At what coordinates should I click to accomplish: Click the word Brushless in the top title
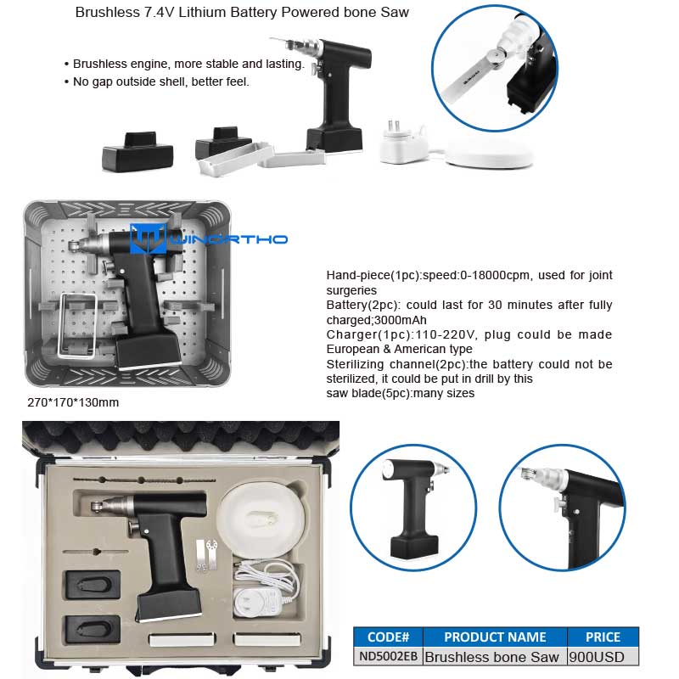pyautogui.click(x=107, y=12)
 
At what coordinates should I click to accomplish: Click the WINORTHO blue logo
pyautogui.click(x=208, y=238)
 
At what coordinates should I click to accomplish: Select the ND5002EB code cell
pyautogui.click(x=388, y=656)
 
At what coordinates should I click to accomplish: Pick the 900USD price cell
pyautogui.click(x=603, y=656)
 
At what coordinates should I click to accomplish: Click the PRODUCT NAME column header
pyautogui.click(x=495, y=637)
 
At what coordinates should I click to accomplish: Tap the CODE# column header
pyautogui.click(x=388, y=637)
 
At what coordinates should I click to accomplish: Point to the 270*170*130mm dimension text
pyautogui.click(x=73, y=402)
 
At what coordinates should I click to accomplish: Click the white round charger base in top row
pyautogui.click(x=490, y=154)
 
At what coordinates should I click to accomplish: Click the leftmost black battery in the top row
pyautogui.click(x=137, y=151)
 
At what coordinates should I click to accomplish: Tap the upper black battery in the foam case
pyautogui.click(x=93, y=586)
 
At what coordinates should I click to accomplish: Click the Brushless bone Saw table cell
pyautogui.click(x=492, y=656)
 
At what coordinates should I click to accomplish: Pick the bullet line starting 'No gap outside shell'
pyautogui.click(x=157, y=81)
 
